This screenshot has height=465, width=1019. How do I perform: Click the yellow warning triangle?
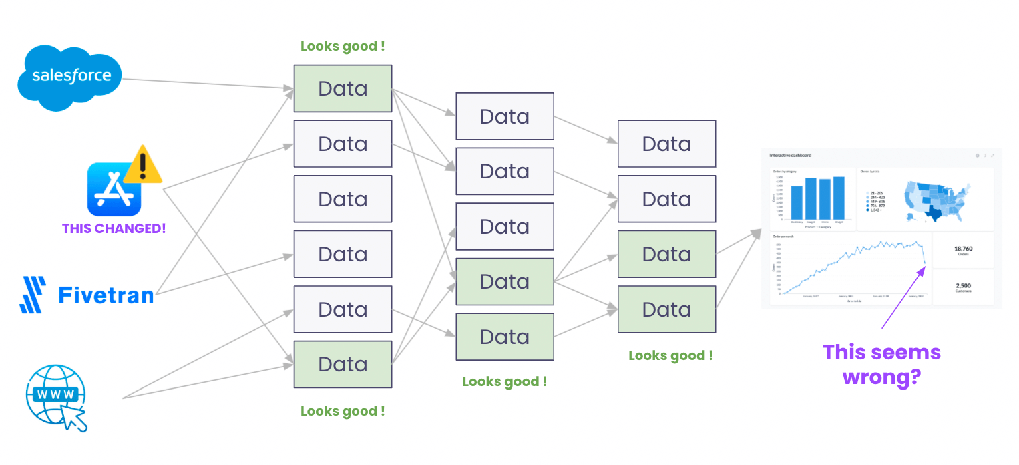[x=143, y=165]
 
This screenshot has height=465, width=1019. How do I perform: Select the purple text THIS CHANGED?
[x=114, y=228]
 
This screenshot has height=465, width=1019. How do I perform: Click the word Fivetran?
[x=106, y=295]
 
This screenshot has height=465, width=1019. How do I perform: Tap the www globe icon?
[x=55, y=396]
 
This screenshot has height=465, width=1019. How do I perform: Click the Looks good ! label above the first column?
[x=343, y=47]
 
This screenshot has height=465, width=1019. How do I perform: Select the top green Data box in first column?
[x=343, y=88]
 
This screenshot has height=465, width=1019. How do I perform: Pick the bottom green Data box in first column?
[x=343, y=364]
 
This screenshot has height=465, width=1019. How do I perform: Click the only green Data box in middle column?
[x=504, y=281]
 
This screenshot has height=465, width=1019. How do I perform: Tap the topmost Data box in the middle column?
[x=504, y=116]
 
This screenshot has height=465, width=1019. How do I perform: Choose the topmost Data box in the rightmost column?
[x=666, y=144]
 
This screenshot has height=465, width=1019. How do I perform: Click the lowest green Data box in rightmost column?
[x=666, y=309]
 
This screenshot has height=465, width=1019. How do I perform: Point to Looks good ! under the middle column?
[x=504, y=381]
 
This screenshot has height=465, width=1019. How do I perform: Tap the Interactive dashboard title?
[x=791, y=156]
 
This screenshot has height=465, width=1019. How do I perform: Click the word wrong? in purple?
[x=881, y=377]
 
